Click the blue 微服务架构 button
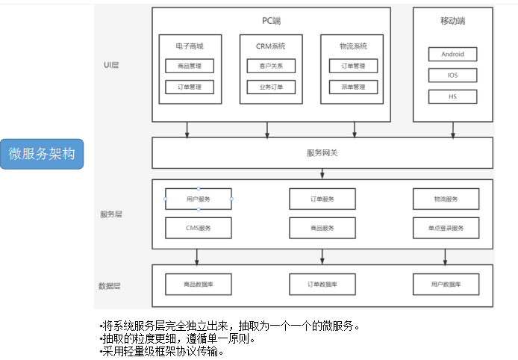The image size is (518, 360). click(x=43, y=154)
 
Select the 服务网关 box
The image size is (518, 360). click(x=322, y=153)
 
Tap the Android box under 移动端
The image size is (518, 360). click(x=452, y=55)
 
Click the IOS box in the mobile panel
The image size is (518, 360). click(x=452, y=75)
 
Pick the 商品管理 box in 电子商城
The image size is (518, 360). click(x=190, y=66)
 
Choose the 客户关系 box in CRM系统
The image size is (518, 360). click(x=271, y=66)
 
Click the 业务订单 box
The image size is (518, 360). click(x=271, y=87)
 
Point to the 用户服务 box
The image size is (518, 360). click(x=199, y=199)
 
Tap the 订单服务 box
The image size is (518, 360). click(x=322, y=199)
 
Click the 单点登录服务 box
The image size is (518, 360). click(x=446, y=228)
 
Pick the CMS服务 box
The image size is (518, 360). click(x=199, y=228)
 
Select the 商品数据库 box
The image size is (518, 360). click(x=199, y=285)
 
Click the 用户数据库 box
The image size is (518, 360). click(x=446, y=285)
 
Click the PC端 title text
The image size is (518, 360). click(x=271, y=19)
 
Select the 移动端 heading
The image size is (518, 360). click(x=452, y=22)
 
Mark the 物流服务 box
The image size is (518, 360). click(x=446, y=199)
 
